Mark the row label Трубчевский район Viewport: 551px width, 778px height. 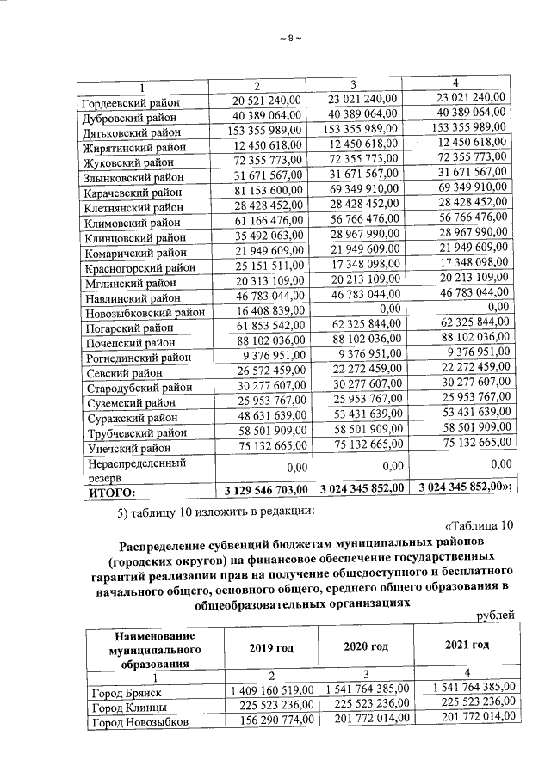click(133, 432)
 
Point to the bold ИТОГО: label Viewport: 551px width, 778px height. click(109, 492)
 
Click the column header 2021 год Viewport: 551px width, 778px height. click(467, 645)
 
